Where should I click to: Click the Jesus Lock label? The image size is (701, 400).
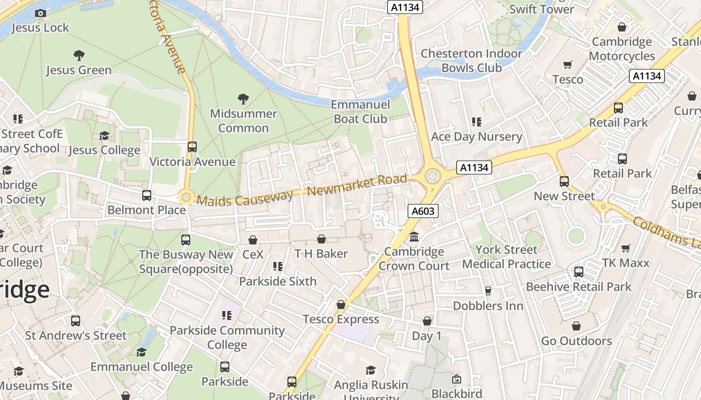(x=40, y=27)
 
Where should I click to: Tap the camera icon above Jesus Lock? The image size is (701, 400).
(x=41, y=13)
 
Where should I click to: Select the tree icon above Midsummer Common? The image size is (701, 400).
(x=243, y=99)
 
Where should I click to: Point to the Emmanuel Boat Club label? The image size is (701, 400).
(x=361, y=111)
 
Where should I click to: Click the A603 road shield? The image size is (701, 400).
(x=422, y=211)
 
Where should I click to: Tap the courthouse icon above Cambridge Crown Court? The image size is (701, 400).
(x=414, y=236)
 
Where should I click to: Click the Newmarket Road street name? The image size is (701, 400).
(x=357, y=185)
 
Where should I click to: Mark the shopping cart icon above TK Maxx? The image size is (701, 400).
(x=625, y=248)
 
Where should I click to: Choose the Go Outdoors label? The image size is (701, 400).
(x=576, y=341)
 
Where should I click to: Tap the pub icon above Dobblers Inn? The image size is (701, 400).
(x=488, y=291)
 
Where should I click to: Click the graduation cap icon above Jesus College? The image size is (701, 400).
(x=104, y=135)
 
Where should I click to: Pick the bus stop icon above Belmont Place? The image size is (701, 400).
(x=147, y=195)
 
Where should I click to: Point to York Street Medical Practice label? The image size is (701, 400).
(x=506, y=256)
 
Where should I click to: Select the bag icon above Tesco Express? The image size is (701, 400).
(x=341, y=304)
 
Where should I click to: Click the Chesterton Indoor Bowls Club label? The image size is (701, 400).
(x=471, y=60)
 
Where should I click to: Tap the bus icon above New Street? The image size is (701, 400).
(x=564, y=181)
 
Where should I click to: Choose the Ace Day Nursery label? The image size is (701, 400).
(x=476, y=136)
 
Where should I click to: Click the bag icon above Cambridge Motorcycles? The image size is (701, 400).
(x=622, y=27)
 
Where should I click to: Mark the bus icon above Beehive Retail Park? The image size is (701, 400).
(x=578, y=272)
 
